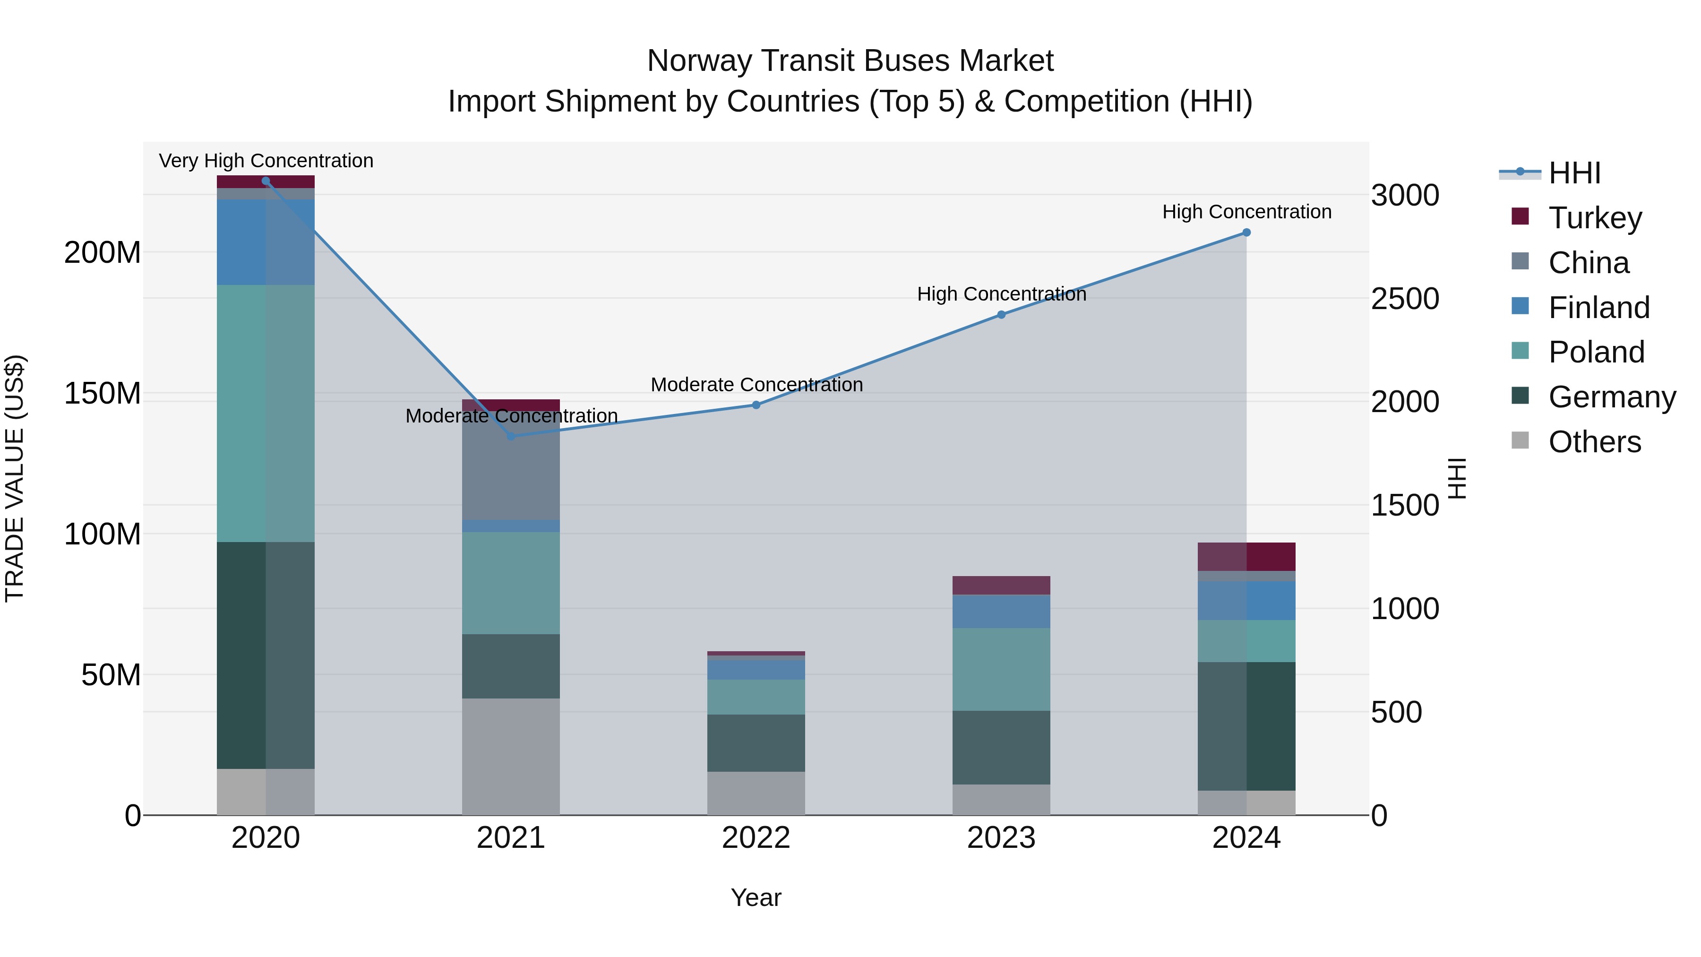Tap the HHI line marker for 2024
click(1246, 233)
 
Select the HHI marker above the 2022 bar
click(756, 405)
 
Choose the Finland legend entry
click(1598, 308)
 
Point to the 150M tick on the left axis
click(103, 394)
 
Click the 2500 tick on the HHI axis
click(1405, 299)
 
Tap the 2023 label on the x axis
click(1001, 838)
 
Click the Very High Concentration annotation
click(266, 161)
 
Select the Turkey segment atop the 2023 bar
click(1001, 585)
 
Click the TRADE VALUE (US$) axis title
click(15, 478)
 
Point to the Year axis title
click(756, 897)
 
